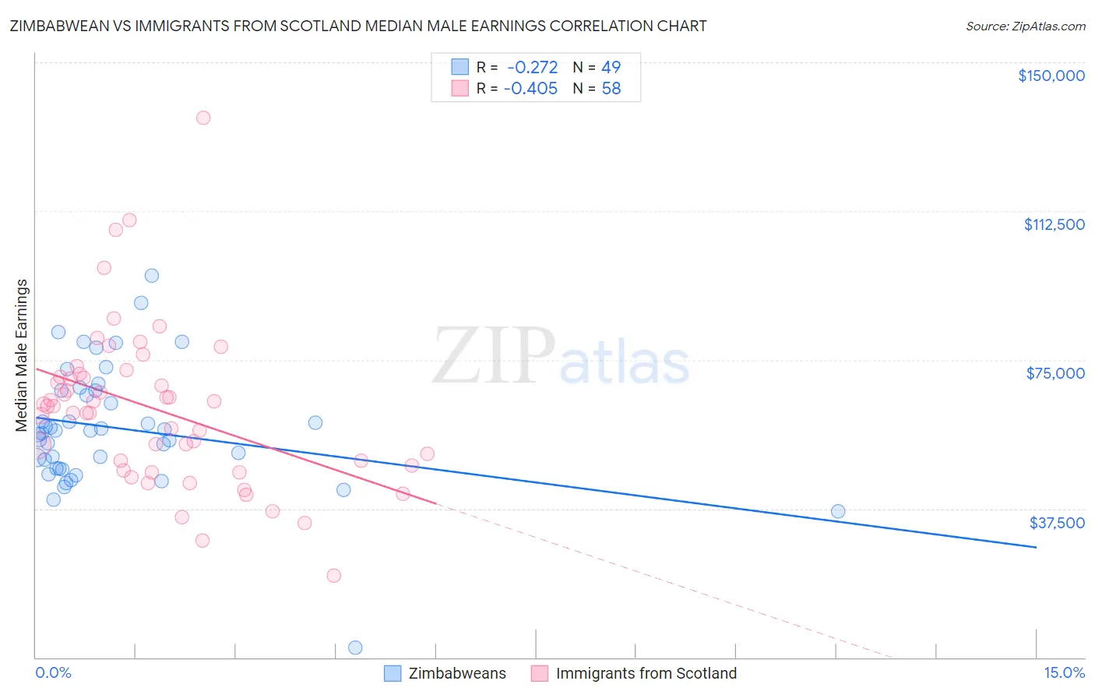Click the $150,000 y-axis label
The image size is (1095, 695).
[x=1051, y=76]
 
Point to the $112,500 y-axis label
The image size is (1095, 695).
[x=1054, y=224]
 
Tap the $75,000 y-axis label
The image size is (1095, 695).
[x=1055, y=373]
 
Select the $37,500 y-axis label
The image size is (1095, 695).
[x=1057, y=523]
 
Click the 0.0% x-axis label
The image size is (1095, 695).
[x=53, y=673]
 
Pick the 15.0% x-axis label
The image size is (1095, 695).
[x=1064, y=673]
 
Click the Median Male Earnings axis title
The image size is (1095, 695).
[x=22, y=355]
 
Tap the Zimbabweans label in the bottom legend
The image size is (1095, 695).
[x=457, y=674]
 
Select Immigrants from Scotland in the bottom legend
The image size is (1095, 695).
[x=646, y=674]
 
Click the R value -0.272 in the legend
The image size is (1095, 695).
[x=532, y=68]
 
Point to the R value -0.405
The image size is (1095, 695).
[x=530, y=89]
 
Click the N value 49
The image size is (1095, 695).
[x=611, y=68]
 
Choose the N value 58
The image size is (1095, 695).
[x=611, y=89]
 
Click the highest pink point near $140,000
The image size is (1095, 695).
[x=203, y=118]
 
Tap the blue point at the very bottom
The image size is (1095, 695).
[x=355, y=647]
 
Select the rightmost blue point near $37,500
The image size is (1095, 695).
[x=838, y=511]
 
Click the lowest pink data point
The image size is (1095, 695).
[x=334, y=576]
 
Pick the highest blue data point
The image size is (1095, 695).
[x=152, y=276]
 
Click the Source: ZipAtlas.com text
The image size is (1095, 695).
[x=1025, y=26]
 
